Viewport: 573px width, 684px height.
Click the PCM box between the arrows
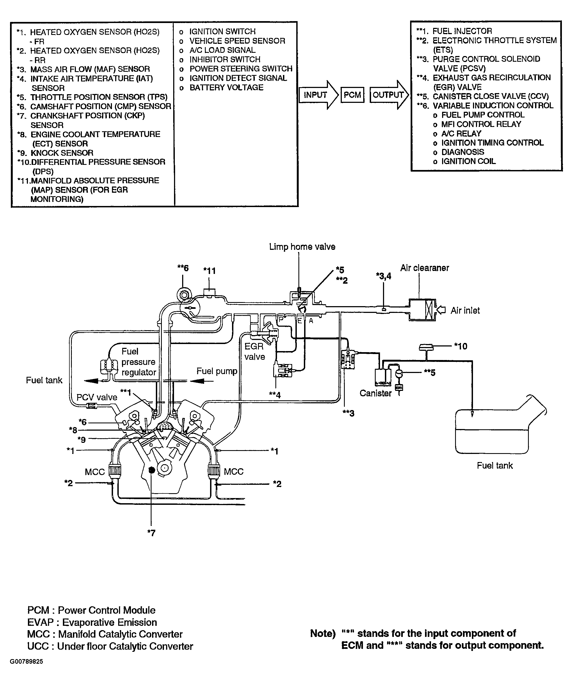(x=352, y=95)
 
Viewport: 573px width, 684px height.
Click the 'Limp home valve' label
(x=302, y=247)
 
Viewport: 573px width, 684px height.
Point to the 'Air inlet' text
(x=465, y=310)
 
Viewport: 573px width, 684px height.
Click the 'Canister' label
(x=375, y=393)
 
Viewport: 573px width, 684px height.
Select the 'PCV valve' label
(x=96, y=397)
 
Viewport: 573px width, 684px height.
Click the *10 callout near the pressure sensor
(x=461, y=346)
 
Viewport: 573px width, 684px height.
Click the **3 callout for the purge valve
(x=348, y=413)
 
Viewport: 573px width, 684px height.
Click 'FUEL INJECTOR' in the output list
(x=462, y=31)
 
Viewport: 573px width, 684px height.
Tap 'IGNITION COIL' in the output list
(x=468, y=161)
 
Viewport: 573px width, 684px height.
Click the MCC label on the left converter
(x=95, y=472)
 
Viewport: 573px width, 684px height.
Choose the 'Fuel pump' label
(x=217, y=371)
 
